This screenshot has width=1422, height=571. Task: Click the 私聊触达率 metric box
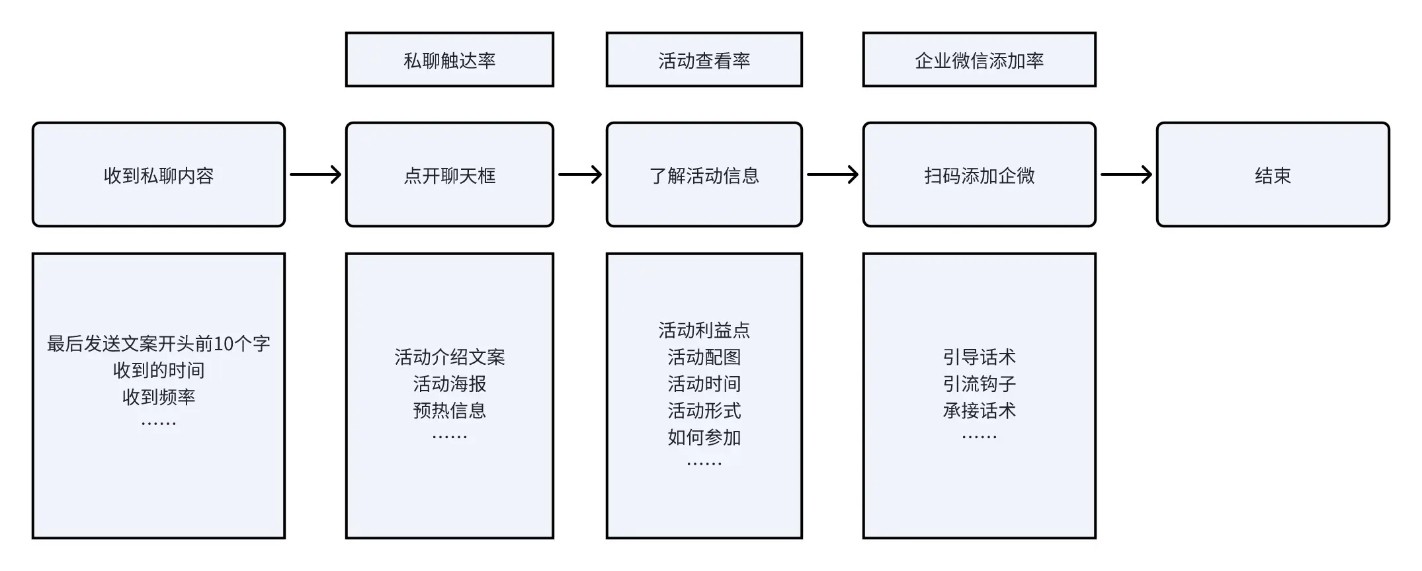(x=450, y=59)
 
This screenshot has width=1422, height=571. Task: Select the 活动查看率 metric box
(x=704, y=59)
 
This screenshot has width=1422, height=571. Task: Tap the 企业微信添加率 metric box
(x=980, y=59)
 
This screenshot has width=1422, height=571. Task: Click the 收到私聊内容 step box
(x=159, y=174)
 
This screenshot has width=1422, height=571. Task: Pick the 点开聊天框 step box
(x=450, y=174)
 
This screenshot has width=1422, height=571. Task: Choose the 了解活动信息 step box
(x=704, y=174)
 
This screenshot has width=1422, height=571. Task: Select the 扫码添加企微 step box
(x=980, y=174)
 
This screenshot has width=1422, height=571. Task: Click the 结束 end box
(x=1273, y=174)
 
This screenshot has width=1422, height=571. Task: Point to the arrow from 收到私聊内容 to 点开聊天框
(x=315, y=174)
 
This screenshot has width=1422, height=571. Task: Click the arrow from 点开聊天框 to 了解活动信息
(x=580, y=174)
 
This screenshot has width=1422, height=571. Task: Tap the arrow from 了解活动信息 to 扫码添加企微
(x=833, y=174)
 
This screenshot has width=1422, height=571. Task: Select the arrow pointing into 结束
(x=1126, y=174)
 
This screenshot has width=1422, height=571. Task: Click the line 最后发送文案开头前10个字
(x=159, y=344)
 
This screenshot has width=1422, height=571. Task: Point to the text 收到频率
(x=159, y=397)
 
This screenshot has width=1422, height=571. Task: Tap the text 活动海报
(x=450, y=384)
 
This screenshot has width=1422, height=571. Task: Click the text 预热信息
(x=450, y=410)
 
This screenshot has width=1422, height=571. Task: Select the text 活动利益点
(x=704, y=330)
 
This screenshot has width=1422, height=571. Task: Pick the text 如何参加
(x=704, y=437)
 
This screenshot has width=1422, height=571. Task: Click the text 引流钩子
(x=980, y=384)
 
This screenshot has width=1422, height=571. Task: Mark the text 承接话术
(x=980, y=410)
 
